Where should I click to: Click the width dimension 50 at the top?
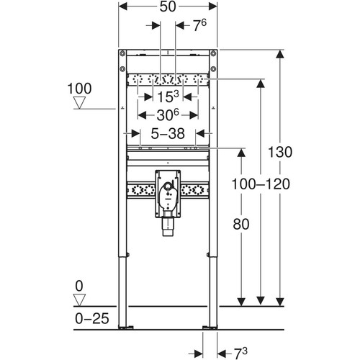coord(168,6)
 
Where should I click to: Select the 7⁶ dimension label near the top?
coord(199,26)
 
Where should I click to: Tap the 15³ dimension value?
coord(168,96)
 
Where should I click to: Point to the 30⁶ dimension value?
coord(168,115)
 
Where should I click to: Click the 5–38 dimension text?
coord(168,133)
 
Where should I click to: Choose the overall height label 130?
coord(280,152)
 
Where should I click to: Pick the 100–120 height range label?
coord(261,184)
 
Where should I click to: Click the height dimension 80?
coord(241,224)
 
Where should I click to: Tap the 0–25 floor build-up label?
coord(92,318)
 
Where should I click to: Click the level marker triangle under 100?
coord(79,103)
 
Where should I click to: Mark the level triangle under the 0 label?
coord(79,300)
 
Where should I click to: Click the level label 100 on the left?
coord(79,89)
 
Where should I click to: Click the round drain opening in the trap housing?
coord(168,186)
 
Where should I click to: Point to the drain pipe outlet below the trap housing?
coord(168,227)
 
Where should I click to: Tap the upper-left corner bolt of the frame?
coord(122,53)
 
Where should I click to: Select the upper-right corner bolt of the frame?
coord(213,53)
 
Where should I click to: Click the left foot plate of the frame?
coord(126,328)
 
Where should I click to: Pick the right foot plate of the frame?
coord(210,328)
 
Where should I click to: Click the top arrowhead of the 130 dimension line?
coord(280,54)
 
